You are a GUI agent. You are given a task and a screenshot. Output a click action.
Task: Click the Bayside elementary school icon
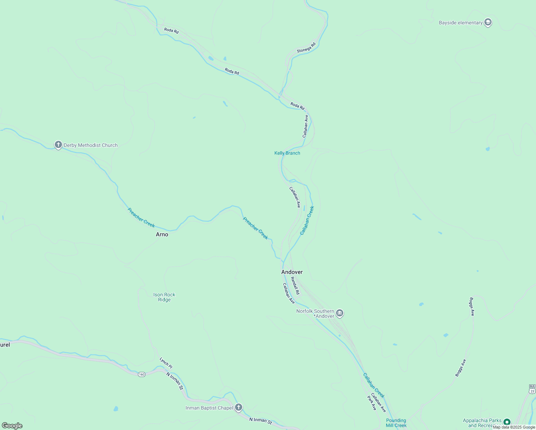point(488,23)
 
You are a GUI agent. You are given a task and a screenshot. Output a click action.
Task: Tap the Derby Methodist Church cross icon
point(58,145)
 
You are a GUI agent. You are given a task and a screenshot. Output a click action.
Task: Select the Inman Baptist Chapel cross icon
point(239,407)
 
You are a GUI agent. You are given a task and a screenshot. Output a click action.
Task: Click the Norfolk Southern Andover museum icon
point(340,314)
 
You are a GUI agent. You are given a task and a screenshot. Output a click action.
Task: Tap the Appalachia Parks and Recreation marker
point(507,422)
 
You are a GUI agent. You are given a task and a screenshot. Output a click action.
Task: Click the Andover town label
point(292,272)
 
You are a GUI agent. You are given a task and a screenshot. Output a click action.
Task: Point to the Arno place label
point(162,234)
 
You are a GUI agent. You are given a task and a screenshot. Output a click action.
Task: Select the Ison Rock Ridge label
point(164,297)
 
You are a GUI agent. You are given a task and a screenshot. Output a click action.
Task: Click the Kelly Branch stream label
point(287,153)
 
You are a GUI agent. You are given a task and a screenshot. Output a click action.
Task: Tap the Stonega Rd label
point(306,48)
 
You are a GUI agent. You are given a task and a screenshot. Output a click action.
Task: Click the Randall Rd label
point(295,286)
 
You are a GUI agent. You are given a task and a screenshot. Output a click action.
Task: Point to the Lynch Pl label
point(166,363)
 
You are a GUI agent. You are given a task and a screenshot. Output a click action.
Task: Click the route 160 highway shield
point(142,374)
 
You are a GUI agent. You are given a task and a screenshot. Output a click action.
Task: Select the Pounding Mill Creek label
point(396,423)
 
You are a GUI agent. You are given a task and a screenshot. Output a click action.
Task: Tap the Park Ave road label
point(372,402)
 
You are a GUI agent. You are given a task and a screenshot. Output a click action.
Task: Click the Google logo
point(12,426)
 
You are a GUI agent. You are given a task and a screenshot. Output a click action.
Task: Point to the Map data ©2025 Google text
point(514,427)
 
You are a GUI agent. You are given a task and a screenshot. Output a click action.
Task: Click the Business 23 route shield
point(532,390)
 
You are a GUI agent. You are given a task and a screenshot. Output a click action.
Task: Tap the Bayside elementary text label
point(460,23)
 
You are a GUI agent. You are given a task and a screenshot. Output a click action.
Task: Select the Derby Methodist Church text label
point(91,145)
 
